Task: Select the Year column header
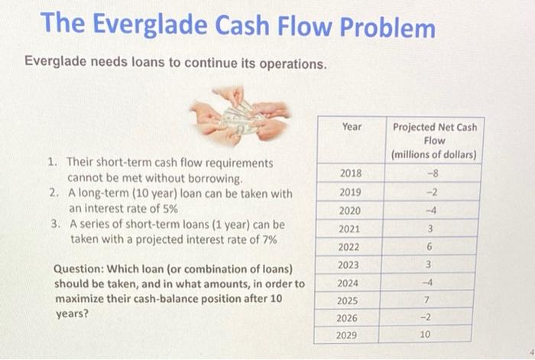pos(352,126)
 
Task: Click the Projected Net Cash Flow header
pos(433,141)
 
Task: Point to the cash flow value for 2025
pos(430,300)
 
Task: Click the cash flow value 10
pos(426,335)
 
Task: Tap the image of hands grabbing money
pos(239,115)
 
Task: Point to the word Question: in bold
pos(79,269)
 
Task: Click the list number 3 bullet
pos(54,225)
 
